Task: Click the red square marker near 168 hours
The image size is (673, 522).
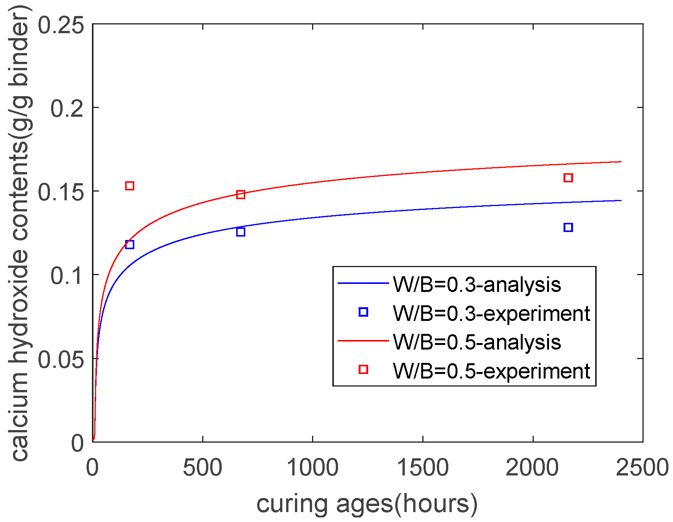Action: [x=130, y=186]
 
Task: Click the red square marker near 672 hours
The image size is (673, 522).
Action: [x=241, y=195]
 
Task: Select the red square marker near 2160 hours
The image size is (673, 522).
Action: [x=568, y=178]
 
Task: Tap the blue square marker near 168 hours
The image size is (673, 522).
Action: [x=130, y=245]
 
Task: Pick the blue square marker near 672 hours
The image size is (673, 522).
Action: [x=241, y=232]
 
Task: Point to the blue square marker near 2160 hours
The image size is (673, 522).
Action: [x=568, y=227]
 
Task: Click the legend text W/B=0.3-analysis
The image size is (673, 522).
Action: [x=477, y=285]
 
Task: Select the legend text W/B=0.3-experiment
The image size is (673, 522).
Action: [x=491, y=314]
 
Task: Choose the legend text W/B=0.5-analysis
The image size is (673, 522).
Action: [x=477, y=342]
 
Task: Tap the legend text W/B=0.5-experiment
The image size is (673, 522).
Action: [x=491, y=371]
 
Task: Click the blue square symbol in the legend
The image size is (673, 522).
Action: [x=363, y=312]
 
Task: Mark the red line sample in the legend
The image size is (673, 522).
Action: [x=363, y=341]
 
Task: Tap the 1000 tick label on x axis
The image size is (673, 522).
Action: [x=312, y=468]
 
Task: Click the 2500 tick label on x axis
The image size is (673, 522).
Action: [x=642, y=468]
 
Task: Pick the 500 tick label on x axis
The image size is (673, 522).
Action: [x=203, y=468]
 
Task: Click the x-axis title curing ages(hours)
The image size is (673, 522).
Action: [x=367, y=504]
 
